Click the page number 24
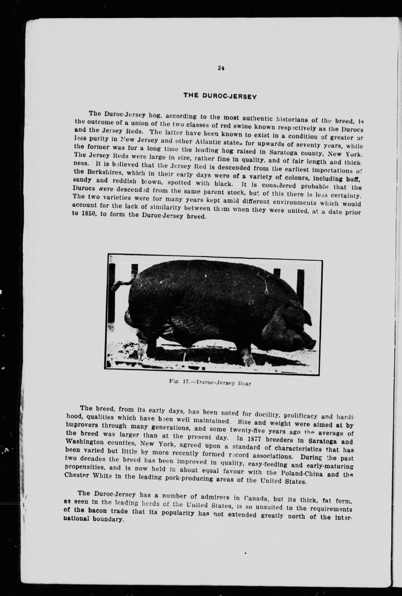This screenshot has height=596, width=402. (221, 68)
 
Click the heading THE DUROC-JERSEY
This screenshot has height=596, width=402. (220, 96)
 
